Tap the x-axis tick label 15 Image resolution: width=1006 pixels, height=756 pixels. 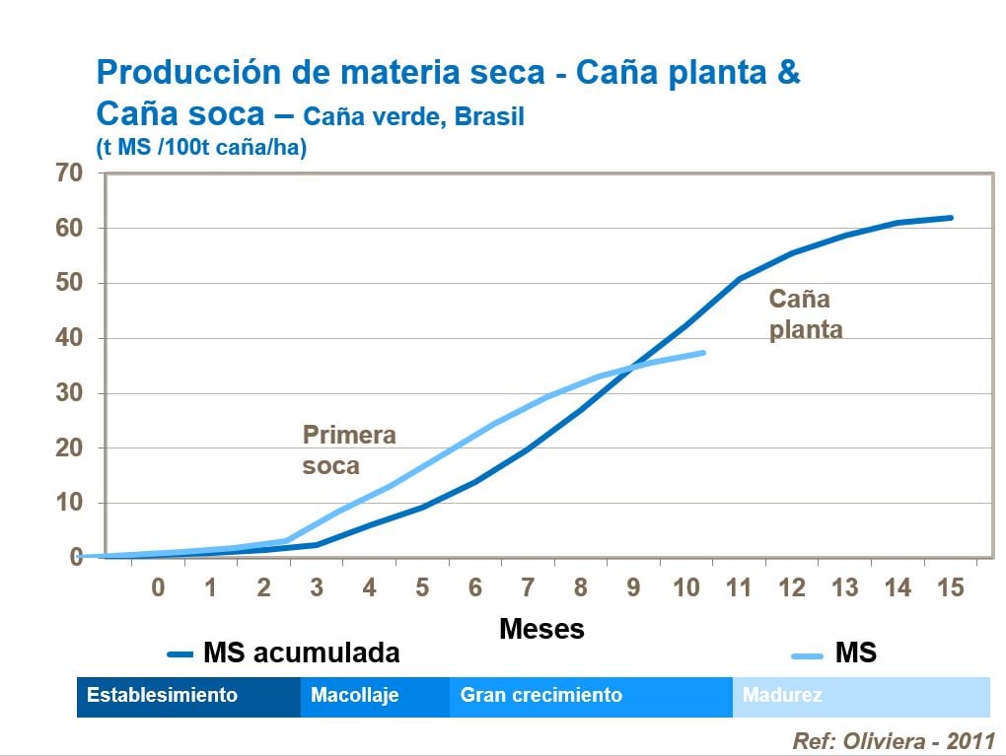point(950,588)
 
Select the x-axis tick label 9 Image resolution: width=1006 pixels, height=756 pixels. point(633,588)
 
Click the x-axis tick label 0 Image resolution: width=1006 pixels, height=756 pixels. point(158,588)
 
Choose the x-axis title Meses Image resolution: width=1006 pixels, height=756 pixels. point(541,628)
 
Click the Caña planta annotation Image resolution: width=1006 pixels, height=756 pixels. point(805,313)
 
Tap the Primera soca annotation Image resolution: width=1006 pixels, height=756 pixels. point(348,449)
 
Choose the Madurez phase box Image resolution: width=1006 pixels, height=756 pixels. point(860,696)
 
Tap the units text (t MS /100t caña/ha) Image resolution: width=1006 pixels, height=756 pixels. point(201,148)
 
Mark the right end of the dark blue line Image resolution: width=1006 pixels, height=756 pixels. point(952,218)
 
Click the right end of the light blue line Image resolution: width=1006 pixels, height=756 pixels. point(704,352)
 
